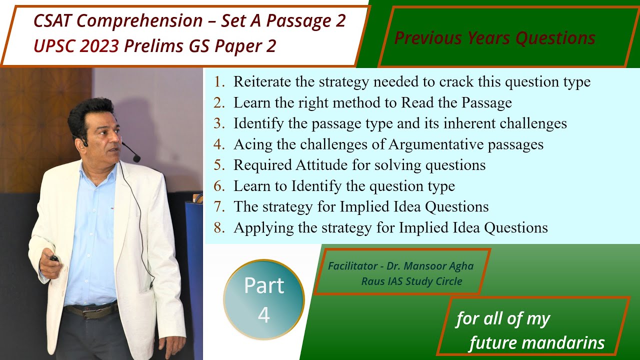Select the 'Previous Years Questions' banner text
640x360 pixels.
[494, 38]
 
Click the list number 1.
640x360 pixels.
[219, 81]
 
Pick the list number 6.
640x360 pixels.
[219, 186]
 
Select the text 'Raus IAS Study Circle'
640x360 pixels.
[411, 281]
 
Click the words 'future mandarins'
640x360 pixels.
[536, 343]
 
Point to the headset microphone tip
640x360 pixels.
[136, 158]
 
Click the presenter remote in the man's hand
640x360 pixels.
[53, 258]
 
